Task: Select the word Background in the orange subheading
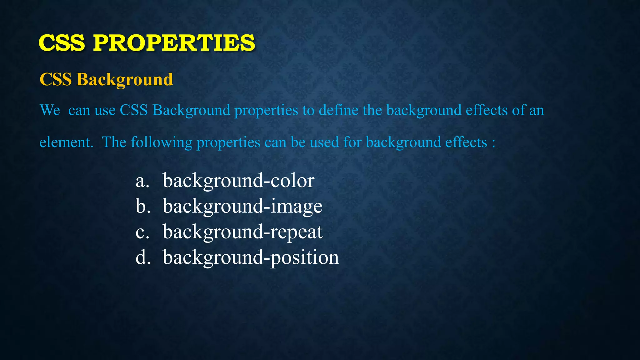125,79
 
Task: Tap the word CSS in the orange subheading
56,79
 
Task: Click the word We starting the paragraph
50,110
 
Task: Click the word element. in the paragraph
67,142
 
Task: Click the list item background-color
238,181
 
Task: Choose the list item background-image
242,206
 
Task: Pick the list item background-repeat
242,232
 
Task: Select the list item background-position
251,257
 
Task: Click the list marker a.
142,181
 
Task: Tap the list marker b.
143,206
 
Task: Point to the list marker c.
142,232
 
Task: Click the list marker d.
143,257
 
